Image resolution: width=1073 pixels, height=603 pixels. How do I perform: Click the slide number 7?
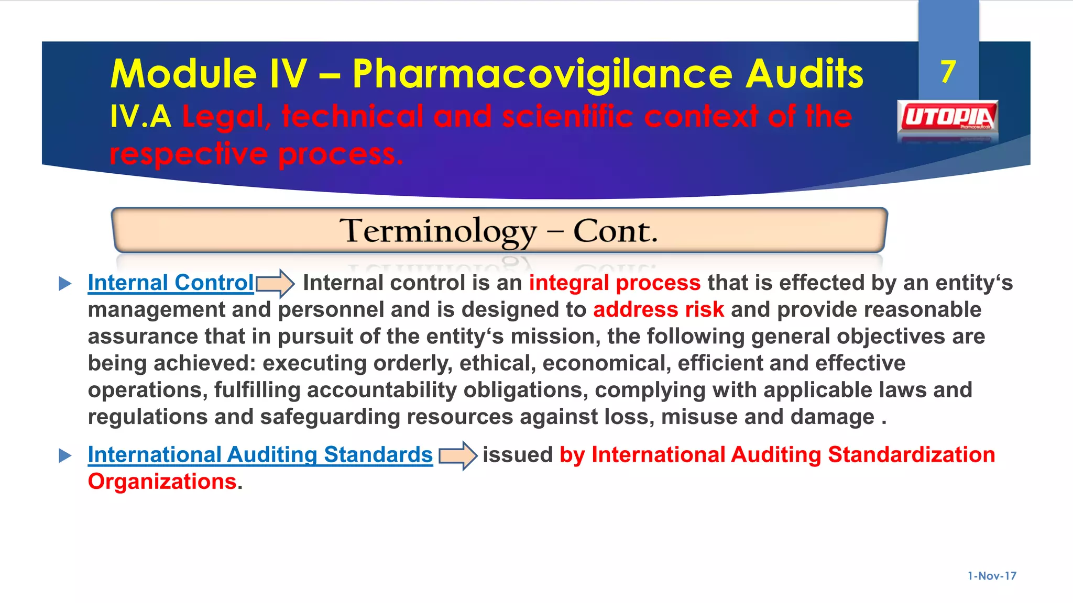[948, 72]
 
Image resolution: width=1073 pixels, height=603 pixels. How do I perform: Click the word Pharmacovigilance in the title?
[542, 74]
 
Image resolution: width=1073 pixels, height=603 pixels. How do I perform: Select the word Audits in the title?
[804, 73]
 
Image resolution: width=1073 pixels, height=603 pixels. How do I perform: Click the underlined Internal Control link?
[171, 283]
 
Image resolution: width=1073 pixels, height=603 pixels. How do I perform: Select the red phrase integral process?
[614, 283]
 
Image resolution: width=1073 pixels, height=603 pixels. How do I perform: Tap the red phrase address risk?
[658, 309]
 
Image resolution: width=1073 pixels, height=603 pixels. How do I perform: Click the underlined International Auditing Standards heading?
[260, 454]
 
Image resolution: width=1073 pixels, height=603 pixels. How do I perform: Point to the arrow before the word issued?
[457, 455]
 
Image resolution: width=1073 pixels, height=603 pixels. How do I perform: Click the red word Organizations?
[162, 482]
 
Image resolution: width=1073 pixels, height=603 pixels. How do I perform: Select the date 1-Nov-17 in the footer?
[991, 576]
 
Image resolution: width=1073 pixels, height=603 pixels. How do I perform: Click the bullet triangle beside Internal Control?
[65, 284]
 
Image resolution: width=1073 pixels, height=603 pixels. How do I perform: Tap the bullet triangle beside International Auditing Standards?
[65, 455]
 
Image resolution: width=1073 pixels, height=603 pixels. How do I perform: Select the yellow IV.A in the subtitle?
[140, 116]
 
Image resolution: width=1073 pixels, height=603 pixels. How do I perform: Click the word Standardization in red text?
[911, 454]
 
